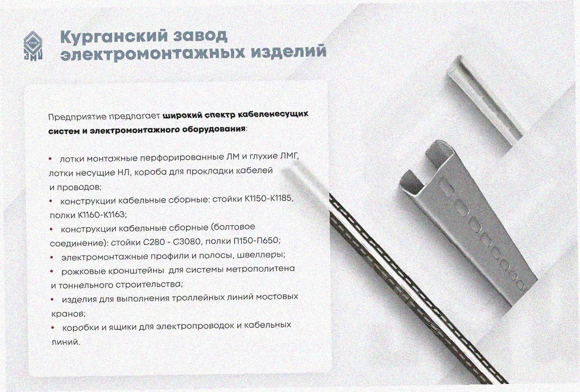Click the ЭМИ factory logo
33,45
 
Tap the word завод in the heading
200,36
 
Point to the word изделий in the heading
288,51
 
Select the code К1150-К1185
269,199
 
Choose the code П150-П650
257,241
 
